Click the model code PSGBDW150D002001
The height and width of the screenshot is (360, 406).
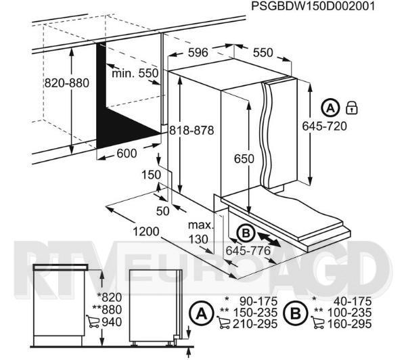tap(313, 6)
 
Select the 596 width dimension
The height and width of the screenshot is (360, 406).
tap(198, 53)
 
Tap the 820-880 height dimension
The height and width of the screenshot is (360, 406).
tap(67, 83)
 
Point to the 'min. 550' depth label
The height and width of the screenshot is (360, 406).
tap(135, 73)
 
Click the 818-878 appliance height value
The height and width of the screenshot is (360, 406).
tap(191, 131)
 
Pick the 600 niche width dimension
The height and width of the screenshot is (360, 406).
tap(127, 154)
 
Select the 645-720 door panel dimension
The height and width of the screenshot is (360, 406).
tap(324, 126)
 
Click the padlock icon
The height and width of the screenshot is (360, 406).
tap(351, 108)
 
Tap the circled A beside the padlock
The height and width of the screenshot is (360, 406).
tap(330, 108)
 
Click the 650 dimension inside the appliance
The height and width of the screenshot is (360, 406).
tap(244, 158)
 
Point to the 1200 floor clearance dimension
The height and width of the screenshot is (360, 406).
tap(145, 231)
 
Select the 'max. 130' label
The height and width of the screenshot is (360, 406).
tap(200, 232)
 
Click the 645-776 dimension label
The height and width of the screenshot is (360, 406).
tap(248, 250)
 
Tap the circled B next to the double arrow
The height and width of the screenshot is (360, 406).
tap(246, 233)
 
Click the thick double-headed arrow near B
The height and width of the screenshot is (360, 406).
tap(269, 240)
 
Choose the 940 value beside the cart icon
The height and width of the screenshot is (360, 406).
tap(112, 322)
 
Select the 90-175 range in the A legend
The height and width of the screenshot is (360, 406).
tap(258, 301)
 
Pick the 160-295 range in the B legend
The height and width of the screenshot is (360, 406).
tap(349, 323)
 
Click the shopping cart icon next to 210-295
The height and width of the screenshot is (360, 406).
tap(223, 323)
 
